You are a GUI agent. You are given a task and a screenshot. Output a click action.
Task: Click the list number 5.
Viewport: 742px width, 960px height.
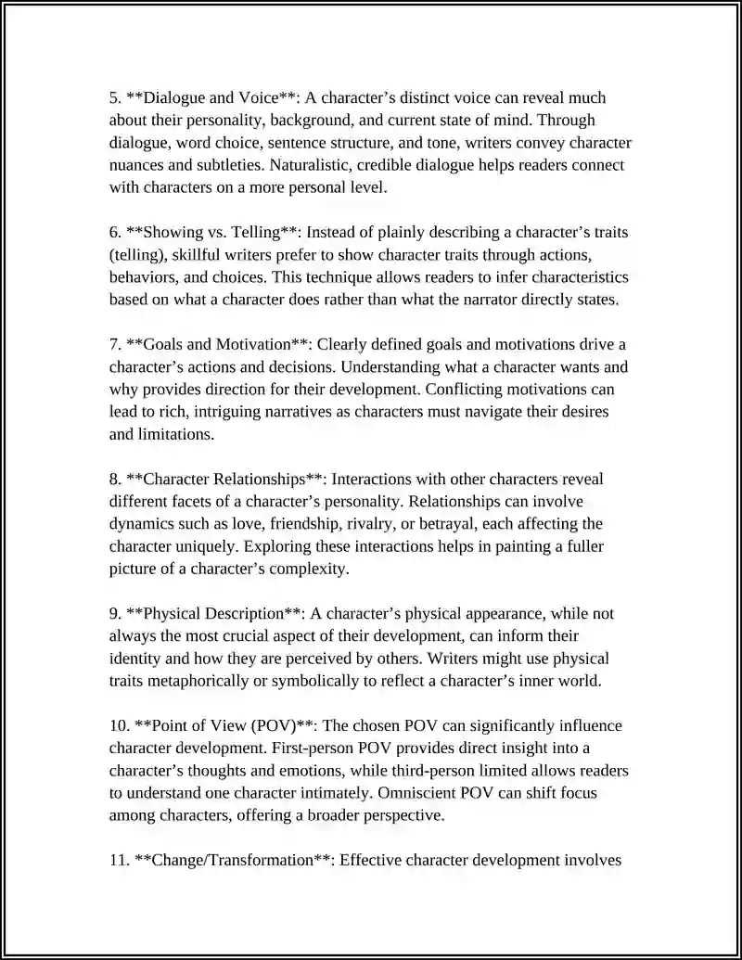[114, 97]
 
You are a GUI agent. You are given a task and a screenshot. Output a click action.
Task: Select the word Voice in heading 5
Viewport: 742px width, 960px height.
[256, 97]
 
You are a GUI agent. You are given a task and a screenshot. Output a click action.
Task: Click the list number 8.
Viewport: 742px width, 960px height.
[114, 480]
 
